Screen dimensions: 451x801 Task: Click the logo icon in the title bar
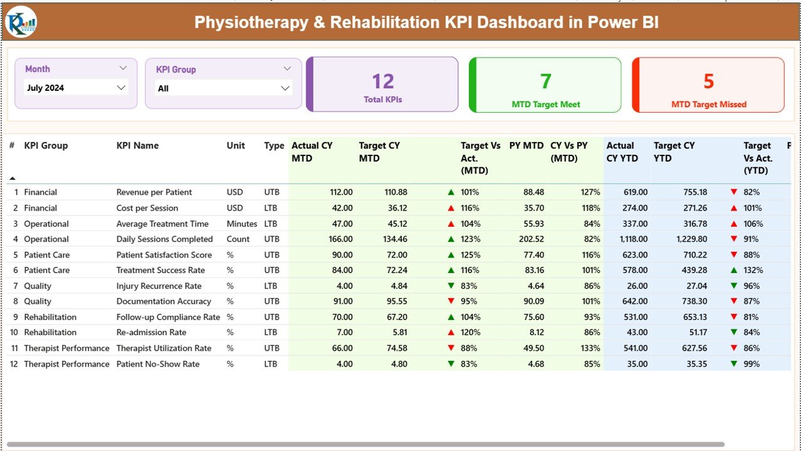(x=21, y=22)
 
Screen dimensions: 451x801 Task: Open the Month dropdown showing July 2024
(x=121, y=88)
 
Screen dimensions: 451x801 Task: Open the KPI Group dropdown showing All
(x=285, y=88)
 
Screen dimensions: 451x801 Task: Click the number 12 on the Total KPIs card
(x=383, y=81)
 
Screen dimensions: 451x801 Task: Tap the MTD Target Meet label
(x=546, y=105)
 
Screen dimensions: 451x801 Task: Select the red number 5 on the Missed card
(x=709, y=81)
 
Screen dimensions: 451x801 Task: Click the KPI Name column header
(x=137, y=145)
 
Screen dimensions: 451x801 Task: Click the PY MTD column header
(x=526, y=145)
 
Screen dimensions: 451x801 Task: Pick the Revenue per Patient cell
(x=154, y=192)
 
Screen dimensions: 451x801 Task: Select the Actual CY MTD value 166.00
(x=339, y=239)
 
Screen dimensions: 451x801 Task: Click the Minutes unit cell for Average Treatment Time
(x=241, y=224)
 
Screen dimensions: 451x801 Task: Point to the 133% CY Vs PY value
(x=590, y=348)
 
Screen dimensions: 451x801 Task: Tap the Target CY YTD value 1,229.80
(x=691, y=239)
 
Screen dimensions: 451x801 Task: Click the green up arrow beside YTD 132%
(x=733, y=270)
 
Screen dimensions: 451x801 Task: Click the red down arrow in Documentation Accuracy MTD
(x=451, y=301)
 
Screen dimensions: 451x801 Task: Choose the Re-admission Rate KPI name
(x=151, y=333)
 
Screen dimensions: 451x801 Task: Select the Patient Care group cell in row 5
(x=47, y=255)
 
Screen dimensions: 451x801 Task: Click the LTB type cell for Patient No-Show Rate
(x=271, y=364)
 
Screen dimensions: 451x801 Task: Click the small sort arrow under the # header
(x=12, y=179)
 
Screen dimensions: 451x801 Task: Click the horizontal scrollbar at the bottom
(x=364, y=444)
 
